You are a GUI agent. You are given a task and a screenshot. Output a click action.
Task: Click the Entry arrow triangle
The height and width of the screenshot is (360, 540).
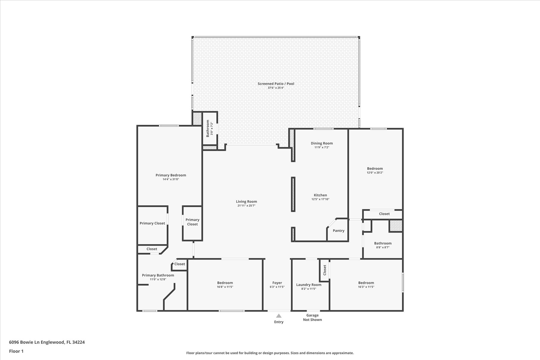point(279,316)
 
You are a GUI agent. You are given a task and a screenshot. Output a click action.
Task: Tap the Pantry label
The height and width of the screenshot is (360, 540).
point(338,231)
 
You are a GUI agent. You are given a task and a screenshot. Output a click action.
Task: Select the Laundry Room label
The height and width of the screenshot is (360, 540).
point(309,285)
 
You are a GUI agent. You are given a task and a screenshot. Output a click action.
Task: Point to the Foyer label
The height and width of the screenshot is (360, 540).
point(277,283)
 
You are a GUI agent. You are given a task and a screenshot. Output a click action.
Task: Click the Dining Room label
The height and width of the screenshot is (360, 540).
point(322,143)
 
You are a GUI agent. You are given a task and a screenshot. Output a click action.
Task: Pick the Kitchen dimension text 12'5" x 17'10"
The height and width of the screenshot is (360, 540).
point(320,199)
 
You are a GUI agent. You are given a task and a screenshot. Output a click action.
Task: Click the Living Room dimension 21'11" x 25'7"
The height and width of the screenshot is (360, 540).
point(246,205)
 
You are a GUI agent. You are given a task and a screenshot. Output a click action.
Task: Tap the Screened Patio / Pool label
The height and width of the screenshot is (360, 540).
point(276,84)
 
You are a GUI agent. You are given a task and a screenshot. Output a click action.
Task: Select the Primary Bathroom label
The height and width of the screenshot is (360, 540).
point(158,275)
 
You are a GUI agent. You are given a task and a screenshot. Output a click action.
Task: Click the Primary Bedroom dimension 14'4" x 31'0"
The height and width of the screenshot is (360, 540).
point(171,179)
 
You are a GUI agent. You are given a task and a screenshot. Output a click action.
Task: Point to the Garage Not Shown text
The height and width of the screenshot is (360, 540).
point(312,317)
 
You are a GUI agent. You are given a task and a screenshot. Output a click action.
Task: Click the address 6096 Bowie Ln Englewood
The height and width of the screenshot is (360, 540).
point(37,342)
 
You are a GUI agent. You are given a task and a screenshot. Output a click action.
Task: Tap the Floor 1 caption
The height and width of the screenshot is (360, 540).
point(16,351)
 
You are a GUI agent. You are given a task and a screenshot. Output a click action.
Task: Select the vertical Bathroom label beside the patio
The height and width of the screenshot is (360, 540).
point(208,128)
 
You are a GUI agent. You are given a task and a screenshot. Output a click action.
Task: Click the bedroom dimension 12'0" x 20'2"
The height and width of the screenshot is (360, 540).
point(375,172)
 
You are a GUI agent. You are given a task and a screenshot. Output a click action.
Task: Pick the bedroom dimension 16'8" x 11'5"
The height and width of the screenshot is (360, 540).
point(225,287)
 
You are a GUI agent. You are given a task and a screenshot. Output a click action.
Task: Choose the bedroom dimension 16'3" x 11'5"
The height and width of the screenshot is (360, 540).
point(366,287)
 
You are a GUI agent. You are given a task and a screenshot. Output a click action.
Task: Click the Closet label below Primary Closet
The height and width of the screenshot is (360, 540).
point(152,249)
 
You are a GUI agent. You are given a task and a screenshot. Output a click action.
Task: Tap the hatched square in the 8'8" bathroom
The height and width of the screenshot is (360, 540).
point(396,226)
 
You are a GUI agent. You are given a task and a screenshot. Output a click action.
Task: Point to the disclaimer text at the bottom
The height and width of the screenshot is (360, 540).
point(270,353)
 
